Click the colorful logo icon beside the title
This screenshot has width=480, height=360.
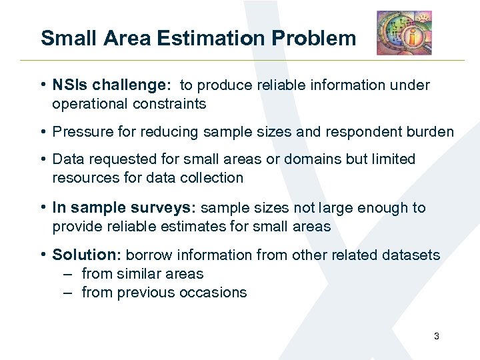point(404,33)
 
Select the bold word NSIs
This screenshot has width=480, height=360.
point(70,85)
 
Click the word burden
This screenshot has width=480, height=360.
point(429,132)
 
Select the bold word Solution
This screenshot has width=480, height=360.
point(84,255)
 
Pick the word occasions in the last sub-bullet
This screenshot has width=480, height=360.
point(215,293)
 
